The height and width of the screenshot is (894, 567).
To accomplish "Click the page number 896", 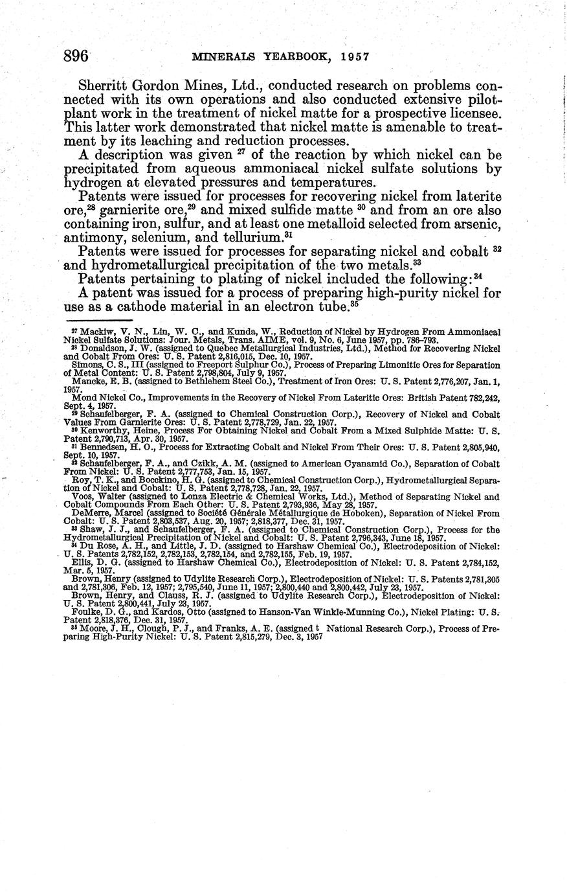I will coord(76,56).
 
